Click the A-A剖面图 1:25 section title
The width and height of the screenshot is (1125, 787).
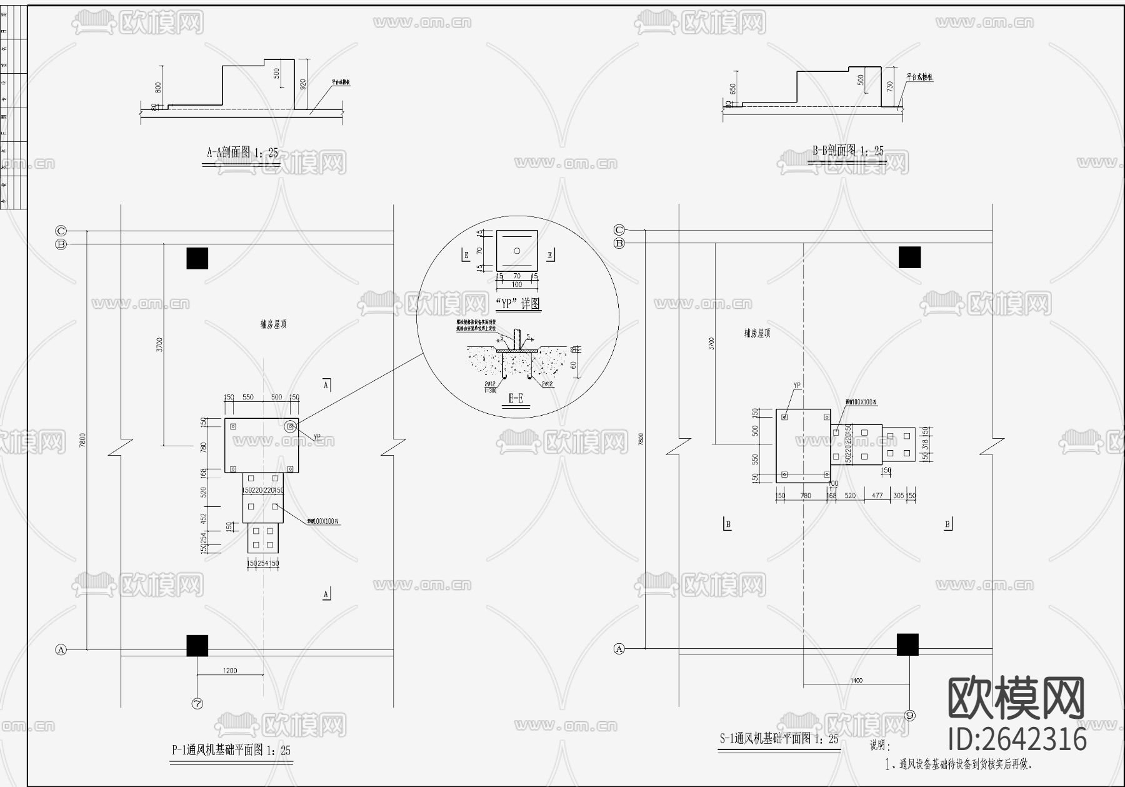click(x=242, y=152)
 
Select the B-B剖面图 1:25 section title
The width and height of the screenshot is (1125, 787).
click(x=848, y=151)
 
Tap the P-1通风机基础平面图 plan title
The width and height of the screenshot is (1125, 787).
click(x=231, y=750)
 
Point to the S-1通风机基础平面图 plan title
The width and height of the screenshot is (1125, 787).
click(x=778, y=739)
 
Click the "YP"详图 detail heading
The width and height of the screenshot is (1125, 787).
click(x=517, y=304)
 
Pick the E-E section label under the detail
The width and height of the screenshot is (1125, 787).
click(x=516, y=398)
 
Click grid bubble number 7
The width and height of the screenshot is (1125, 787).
click(x=197, y=703)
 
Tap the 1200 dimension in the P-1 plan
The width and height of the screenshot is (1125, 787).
click(x=230, y=671)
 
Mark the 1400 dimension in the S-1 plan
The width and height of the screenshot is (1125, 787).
click(x=856, y=680)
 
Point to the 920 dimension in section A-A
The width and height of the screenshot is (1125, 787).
click(x=304, y=84)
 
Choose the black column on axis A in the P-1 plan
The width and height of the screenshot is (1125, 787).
click(x=197, y=646)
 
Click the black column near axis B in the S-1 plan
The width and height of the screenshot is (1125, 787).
click(x=909, y=257)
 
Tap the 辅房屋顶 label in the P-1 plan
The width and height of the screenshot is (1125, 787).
click(x=274, y=324)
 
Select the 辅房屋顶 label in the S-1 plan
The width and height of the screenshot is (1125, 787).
click(x=757, y=333)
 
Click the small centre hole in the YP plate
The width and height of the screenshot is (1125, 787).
click(x=517, y=251)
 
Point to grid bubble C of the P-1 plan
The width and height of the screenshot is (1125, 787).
click(x=61, y=230)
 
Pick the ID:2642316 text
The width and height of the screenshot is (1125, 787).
click(x=1017, y=739)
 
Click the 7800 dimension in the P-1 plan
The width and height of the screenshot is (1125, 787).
click(x=82, y=440)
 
